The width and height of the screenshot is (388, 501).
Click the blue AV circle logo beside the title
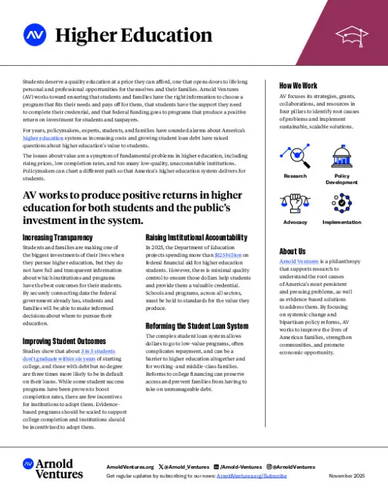(33, 34)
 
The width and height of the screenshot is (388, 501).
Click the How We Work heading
(298, 86)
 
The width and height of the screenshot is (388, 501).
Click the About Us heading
(292, 251)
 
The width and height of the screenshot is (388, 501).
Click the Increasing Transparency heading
(58, 238)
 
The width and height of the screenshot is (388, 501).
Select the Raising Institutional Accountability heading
(197, 238)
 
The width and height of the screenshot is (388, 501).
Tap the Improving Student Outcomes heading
(65, 341)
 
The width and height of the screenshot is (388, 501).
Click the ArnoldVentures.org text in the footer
(129, 467)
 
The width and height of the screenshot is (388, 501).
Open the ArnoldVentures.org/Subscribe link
(252, 475)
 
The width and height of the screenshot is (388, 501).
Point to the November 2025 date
(347, 475)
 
